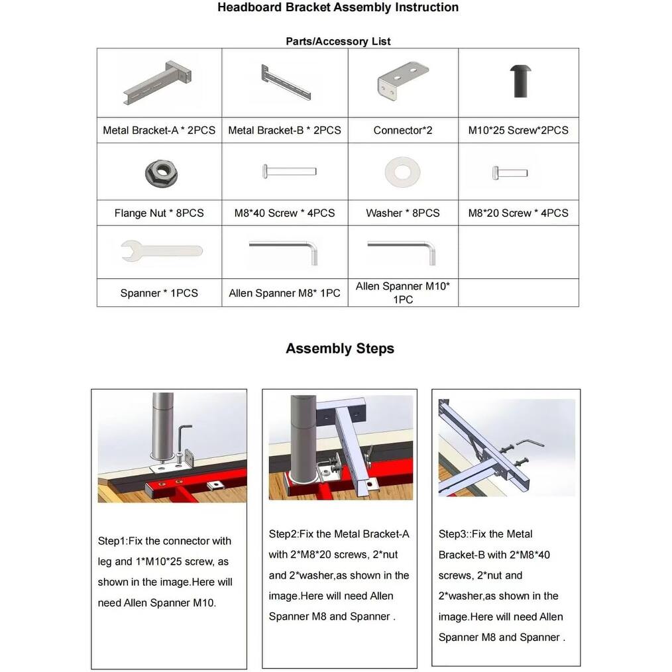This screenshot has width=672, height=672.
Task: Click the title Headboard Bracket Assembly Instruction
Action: coord(337,8)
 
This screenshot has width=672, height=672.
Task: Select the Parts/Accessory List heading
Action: coord(338,41)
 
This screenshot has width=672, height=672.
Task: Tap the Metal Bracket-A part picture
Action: coord(159,83)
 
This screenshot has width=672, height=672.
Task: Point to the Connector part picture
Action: coord(402,82)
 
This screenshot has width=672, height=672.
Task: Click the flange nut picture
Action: coord(159,173)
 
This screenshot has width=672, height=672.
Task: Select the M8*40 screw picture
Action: coord(290,172)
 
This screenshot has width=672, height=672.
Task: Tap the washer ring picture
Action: coord(402,172)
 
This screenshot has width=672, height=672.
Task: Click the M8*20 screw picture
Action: coord(510,174)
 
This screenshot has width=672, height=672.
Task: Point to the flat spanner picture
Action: coord(161,251)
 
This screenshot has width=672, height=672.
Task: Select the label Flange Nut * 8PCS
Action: coord(159,213)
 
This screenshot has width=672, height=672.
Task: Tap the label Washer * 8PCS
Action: coord(402,213)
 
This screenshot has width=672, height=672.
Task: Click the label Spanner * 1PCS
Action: coord(159,293)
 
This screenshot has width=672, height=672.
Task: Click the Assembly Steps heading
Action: coord(339,349)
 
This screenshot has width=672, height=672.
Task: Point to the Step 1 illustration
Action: coord(172,447)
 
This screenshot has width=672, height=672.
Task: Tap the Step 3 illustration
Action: coord(506,447)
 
